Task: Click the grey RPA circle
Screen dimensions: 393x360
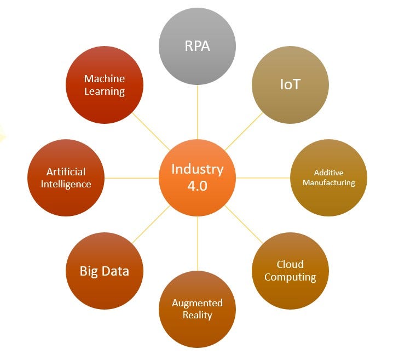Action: [197, 46]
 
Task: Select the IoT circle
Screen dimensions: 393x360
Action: [290, 85]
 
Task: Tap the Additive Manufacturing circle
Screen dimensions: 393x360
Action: [328, 178]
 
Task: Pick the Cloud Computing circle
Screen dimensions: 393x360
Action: [290, 271]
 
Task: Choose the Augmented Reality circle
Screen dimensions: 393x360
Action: [197, 309]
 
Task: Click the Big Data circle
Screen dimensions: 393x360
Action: [104, 271]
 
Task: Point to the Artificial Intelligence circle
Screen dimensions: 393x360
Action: [66, 178]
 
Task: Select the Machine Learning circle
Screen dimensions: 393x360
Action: [104, 85]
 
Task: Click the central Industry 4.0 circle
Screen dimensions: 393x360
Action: [197, 178]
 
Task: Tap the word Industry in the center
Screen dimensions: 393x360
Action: [197, 169]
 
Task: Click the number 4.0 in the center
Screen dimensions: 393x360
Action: [197, 186]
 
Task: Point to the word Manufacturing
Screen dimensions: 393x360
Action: [328, 182]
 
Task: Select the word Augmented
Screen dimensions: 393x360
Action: [197, 303]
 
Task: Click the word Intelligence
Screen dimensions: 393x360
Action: [66, 184]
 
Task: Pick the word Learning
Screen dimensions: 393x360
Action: [104, 92]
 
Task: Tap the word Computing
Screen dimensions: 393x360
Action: [290, 277]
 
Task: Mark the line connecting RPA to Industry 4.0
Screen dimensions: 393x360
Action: [197, 112]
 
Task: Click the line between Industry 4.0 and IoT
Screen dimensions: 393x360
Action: [244, 132]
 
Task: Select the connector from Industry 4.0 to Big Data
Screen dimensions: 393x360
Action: [151, 224]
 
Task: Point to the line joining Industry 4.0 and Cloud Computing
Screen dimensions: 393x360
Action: [244, 224]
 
